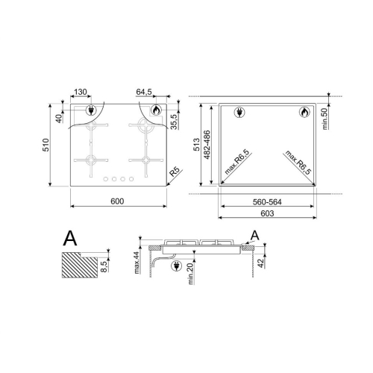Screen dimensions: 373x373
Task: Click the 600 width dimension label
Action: pyautogui.click(x=117, y=201)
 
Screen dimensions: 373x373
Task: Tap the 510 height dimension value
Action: pyautogui.click(x=46, y=145)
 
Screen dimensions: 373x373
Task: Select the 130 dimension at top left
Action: pyautogui.click(x=81, y=92)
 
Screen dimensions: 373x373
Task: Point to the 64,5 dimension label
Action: pyautogui.click(x=144, y=92)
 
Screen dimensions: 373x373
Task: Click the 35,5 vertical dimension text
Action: pyautogui.click(x=175, y=122)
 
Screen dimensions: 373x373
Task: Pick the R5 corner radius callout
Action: pyautogui.click(x=175, y=172)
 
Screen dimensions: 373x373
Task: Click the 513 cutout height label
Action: pyautogui.click(x=196, y=145)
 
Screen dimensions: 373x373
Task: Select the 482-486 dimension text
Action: pyautogui.click(x=207, y=145)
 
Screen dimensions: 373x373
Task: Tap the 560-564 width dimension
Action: pyautogui.click(x=267, y=202)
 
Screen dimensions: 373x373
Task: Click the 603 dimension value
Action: pyautogui.click(x=267, y=213)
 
